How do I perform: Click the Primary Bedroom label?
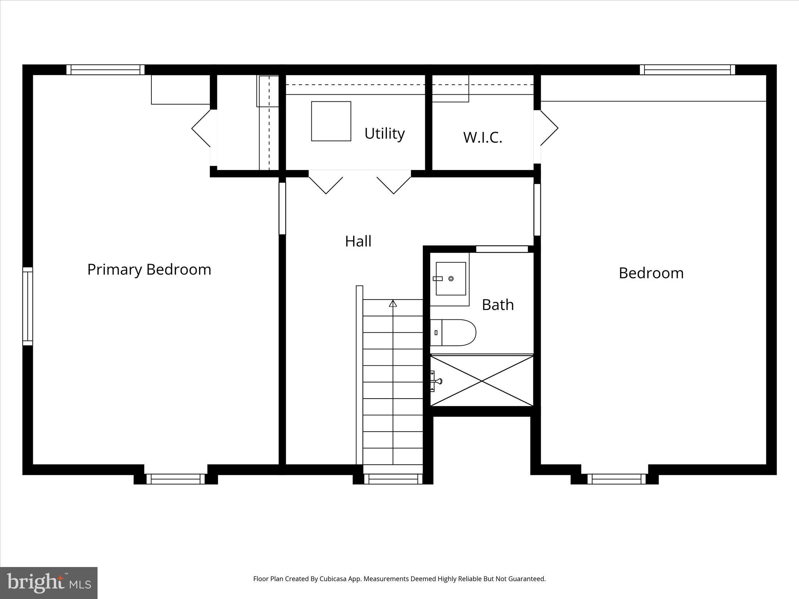(149, 269)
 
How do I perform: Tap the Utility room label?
(384, 133)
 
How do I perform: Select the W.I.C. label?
(483, 137)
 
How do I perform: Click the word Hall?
(358, 241)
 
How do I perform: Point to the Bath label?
(497, 305)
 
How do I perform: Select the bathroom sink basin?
(451, 278)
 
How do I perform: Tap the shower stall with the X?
(482, 381)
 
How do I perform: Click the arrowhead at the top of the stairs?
(393, 303)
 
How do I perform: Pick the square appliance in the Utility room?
(331, 121)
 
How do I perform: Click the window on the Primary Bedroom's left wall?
(28, 306)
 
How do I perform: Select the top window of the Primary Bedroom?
(105, 70)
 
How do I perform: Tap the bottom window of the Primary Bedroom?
(176, 479)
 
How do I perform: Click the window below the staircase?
(393, 479)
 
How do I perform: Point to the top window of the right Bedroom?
(687, 70)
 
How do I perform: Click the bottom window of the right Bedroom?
(616, 479)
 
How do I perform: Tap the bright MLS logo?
(49, 583)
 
